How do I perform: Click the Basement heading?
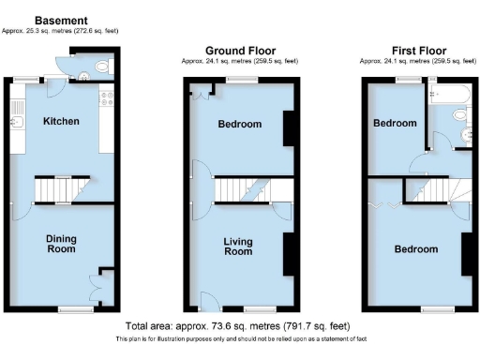point(61,20)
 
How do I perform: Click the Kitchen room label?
point(61,122)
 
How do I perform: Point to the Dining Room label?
point(61,245)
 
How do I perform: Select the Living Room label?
point(238,247)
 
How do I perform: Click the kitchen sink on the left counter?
point(16,121)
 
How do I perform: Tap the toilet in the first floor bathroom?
point(460,113)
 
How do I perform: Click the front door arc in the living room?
point(202,303)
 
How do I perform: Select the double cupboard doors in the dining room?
point(97,285)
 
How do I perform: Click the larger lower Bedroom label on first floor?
point(416,249)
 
